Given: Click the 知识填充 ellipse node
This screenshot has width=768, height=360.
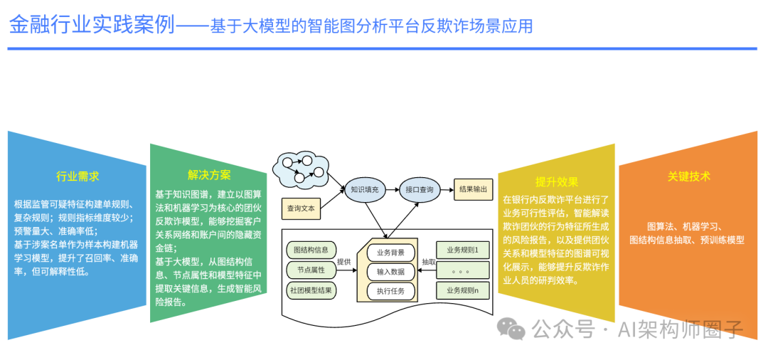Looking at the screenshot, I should [x=366, y=190].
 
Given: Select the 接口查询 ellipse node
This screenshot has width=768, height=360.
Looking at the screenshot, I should [x=419, y=190].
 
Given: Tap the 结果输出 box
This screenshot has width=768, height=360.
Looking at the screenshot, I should [x=473, y=189].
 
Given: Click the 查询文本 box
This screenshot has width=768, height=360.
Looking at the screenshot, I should [x=302, y=208].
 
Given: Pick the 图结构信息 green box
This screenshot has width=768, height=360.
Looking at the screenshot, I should [x=311, y=250].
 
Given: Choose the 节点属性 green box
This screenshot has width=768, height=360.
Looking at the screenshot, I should [x=311, y=270].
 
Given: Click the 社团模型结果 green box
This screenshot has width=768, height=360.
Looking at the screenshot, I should [x=311, y=291].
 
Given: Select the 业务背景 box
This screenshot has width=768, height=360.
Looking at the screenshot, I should [x=390, y=252].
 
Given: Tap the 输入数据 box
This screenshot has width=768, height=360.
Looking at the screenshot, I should [x=390, y=271].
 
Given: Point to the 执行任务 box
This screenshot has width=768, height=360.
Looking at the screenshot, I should [x=390, y=290].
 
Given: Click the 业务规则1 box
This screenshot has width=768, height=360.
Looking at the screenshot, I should [x=463, y=250].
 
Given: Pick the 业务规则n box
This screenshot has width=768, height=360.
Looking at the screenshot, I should [x=463, y=290].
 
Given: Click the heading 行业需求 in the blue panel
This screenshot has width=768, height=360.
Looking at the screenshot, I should [x=78, y=176].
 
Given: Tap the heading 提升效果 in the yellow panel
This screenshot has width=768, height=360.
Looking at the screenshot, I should [x=557, y=182].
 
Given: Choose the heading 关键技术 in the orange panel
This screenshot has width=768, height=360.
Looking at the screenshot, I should [x=688, y=176].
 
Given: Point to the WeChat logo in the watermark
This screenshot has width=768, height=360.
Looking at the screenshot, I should [x=512, y=328].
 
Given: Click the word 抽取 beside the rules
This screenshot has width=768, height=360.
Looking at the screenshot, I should [x=428, y=262].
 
